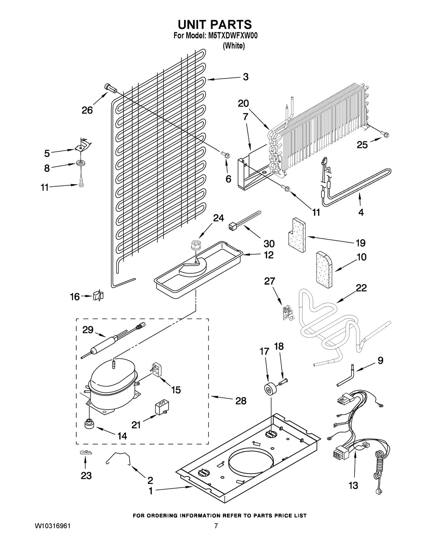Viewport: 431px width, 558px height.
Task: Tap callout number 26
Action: [87, 110]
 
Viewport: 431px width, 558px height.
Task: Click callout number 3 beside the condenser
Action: [245, 77]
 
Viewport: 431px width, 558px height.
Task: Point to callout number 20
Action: [243, 103]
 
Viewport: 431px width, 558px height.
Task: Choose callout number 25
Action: [362, 145]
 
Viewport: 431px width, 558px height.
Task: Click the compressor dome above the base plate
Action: [111, 376]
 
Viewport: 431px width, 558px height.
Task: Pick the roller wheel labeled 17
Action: [270, 388]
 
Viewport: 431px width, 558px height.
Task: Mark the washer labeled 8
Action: [80, 163]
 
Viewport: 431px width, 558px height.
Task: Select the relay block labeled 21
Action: [161, 408]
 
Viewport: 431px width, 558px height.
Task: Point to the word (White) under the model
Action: [233, 46]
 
